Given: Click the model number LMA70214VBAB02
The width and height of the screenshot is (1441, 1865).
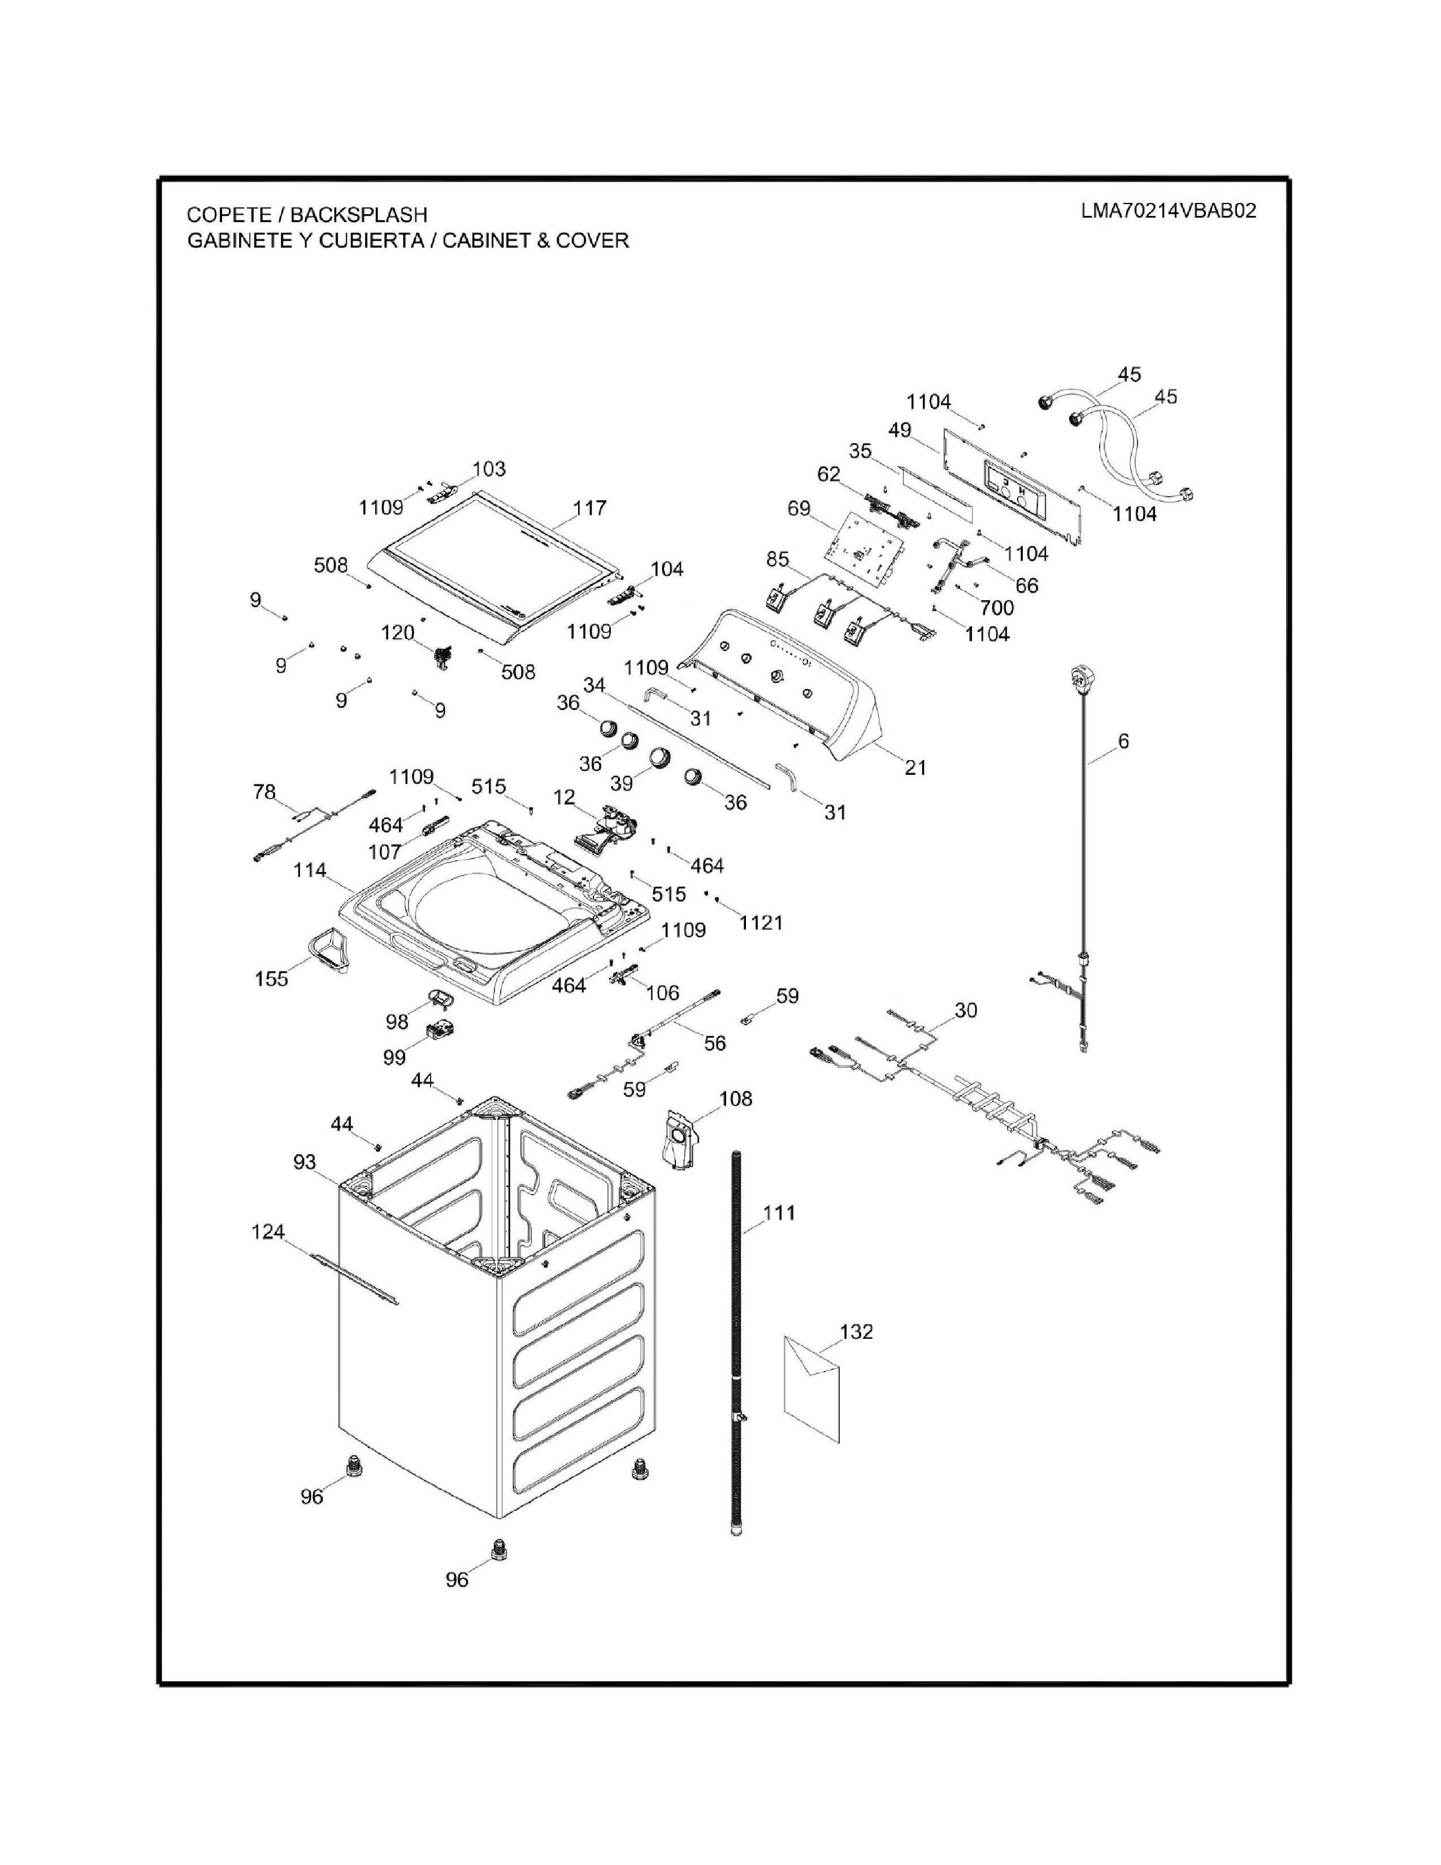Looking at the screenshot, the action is (1168, 211).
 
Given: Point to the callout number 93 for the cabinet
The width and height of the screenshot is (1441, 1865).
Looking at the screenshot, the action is (305, 1162).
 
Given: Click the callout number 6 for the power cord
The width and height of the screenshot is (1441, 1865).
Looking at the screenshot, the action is (1123, 741).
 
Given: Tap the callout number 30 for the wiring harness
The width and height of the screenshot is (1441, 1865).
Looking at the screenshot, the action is (966, 1010).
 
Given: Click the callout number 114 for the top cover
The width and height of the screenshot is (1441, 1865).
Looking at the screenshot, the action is (310, 870).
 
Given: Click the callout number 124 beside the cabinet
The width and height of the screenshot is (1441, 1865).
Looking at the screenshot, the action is (268, 1231).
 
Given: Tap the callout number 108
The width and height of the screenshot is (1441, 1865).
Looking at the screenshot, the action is (736, 1099).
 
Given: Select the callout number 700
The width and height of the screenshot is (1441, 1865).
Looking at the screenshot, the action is (996, 608).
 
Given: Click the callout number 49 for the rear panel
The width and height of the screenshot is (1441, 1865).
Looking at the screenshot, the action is (900, 431).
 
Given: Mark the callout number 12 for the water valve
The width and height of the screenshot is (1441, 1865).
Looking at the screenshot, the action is (565, 797).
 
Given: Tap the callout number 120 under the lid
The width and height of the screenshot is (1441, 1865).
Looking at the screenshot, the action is (398, 633).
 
